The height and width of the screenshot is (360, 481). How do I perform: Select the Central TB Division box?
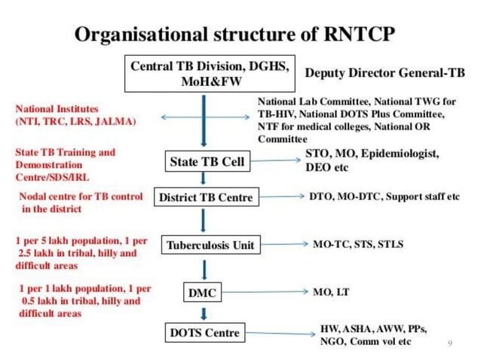point(210,73)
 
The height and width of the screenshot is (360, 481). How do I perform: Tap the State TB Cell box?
point(205,161)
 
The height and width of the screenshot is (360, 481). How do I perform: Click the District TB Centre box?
point(206,198)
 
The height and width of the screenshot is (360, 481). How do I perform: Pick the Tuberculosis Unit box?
point(210,245)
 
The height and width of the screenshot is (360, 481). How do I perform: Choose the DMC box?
point(204,291)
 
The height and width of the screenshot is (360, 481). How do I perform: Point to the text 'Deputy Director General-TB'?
point(384,74)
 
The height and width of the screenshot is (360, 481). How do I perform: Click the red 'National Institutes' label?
point(57,109)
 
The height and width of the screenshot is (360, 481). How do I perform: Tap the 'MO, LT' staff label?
point(329,291)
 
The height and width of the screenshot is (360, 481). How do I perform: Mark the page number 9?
point(449,343)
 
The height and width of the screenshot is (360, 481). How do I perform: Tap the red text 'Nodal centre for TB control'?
point(80,197)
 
